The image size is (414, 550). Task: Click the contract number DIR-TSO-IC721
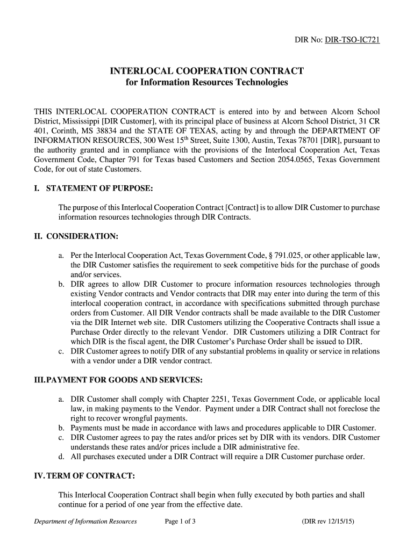pyautogui.click(x=352, y=40)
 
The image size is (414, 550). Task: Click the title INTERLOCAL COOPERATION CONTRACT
pyautogui.click(x=207, y=71)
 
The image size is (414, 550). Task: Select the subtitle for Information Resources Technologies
pyautogui.click(x=207, y=83)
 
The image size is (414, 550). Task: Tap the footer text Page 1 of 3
pyautogui.click(x=180, y=522)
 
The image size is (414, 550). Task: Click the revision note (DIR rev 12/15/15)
pyautogui.click(x=328, y=522)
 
